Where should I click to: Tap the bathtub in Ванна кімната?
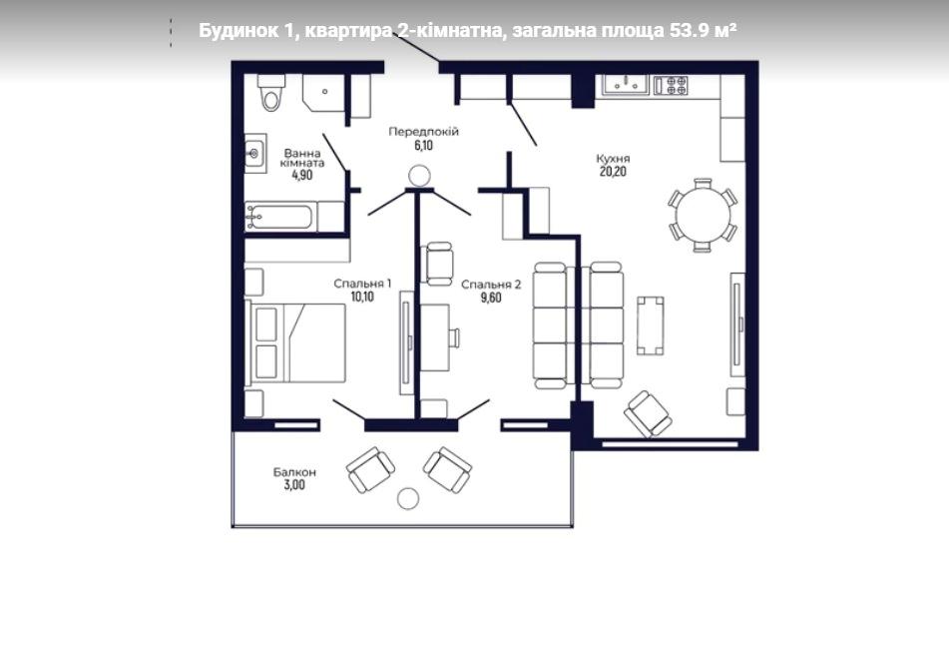[280, 217]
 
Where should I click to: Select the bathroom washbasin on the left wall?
[255, 153]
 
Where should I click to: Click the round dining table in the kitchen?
[703, 215]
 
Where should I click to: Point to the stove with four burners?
[671, 85]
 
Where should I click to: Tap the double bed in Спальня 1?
[295, 342]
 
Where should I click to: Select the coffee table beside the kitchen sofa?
[650, 325]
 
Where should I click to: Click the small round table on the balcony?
[408, 498]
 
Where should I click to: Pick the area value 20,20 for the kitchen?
[613, 172]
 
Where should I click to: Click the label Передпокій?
[424, 132]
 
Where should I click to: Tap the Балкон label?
[294, 472]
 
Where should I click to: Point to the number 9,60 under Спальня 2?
[491, 298]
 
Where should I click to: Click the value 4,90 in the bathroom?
[302, 175]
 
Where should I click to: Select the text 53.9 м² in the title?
[703, 30]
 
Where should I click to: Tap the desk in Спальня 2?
[435, 337]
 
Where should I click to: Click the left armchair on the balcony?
[370, 470]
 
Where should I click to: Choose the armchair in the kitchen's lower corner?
[648, 413]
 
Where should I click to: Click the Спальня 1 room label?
[362, 284]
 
